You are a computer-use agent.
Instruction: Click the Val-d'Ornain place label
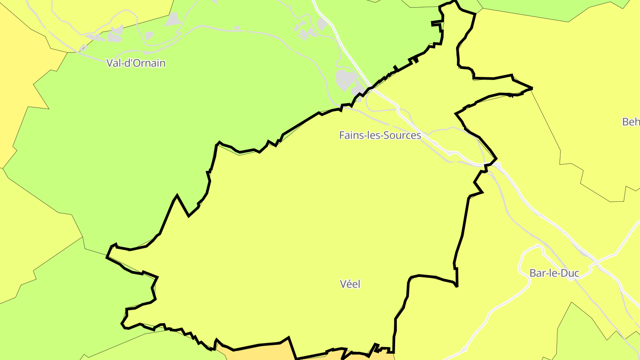pyautogui.click(x=136, y=63)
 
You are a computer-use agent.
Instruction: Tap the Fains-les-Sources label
pyautogui.click(x=380, y=135)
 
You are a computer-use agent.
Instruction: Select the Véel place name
pyautogui.click(x=350, y=284)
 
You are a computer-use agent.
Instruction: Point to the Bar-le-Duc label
pyautogui.click(x=554, y=273)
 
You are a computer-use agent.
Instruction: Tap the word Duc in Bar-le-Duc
pyautogui.click(x=571, y=273)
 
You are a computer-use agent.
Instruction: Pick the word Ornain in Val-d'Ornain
pyautogui.click(x=149, y=63)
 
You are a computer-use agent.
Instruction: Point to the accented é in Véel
pyautogui.click(x=348, y=284)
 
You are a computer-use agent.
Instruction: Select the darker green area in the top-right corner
pyautogui.click(x=556, y=9)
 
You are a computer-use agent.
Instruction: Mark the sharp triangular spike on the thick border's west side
pyautogui.click(x=177, y=196)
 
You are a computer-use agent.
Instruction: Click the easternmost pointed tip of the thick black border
pyautogui.click(x=532, y=88)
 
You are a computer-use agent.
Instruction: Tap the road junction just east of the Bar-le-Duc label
pyautogui.click(x=590, y=268)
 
